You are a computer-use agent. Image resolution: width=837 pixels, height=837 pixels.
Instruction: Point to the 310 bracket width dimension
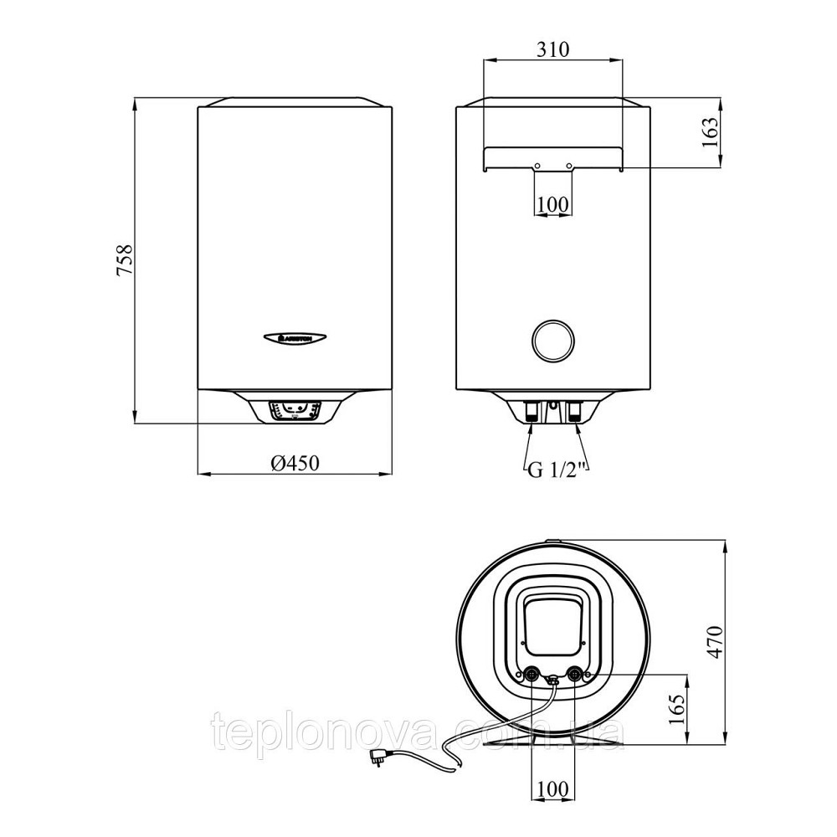552,49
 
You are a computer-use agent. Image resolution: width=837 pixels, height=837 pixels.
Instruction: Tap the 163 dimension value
711,132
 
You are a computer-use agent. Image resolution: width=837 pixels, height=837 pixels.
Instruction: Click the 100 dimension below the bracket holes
552,203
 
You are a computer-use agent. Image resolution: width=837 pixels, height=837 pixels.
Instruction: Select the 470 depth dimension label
712,641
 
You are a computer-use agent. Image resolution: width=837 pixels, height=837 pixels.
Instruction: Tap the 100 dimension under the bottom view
552,788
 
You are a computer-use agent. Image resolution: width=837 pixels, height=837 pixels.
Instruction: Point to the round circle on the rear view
552,340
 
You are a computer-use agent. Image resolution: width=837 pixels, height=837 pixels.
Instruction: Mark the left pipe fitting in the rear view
532,412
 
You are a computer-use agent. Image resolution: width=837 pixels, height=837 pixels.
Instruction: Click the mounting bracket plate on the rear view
552,156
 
